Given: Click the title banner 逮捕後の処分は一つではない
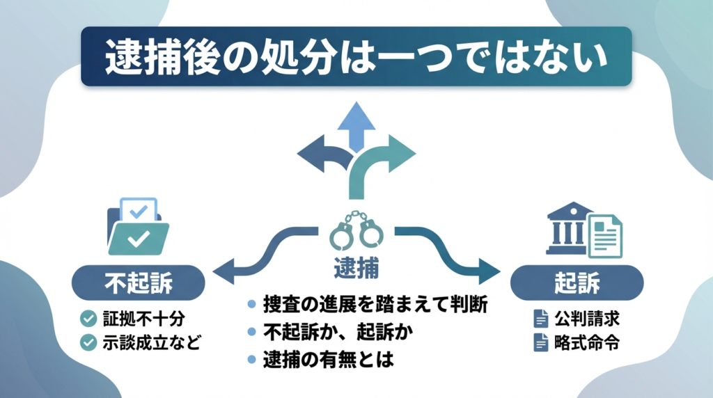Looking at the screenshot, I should click(x=356, y=57).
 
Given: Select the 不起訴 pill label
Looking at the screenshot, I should click(x=138, y=285).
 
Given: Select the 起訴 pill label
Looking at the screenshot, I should click(x=574, y=285).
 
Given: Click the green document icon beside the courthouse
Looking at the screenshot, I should click(x=604, y=235).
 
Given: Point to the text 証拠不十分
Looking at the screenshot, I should click(x=143, y=319).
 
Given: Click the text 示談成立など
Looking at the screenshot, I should click(x=149, y=342).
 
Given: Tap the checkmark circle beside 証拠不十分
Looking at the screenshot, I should click(x=88, y=319).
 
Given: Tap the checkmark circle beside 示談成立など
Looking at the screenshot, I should click(x=88, y=342).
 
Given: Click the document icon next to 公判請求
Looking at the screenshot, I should click(x=541, y=319).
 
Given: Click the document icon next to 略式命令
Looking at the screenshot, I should click(x=541, y=342).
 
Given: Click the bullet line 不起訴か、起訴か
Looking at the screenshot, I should click(x=338, y=333).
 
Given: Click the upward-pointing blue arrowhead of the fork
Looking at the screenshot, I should click(x=356, y=116).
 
